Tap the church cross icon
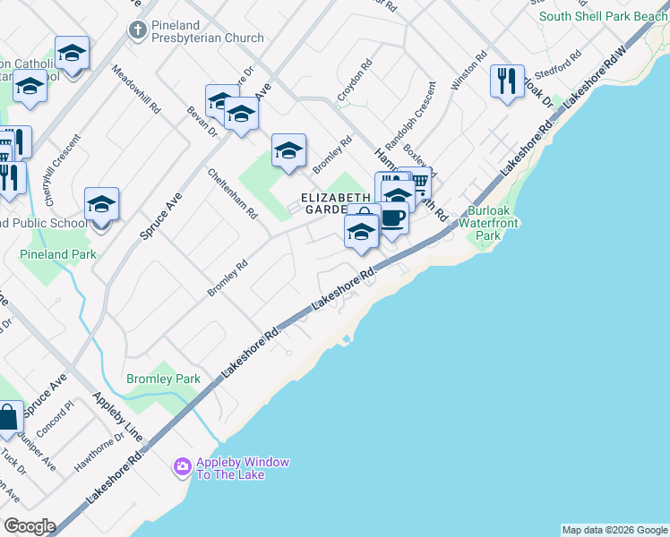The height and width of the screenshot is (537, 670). click(136, 30)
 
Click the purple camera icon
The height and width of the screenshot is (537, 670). click(182, 466)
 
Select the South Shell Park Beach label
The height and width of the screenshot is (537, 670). click(603, 16)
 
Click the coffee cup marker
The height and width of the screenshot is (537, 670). click(392, 218)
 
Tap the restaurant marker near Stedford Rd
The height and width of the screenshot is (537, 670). click(507, 81)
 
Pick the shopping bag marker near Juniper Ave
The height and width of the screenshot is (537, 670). click(9, 418)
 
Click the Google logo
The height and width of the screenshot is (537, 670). click(29, 526)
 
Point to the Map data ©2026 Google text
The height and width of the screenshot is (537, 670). click(614, 530)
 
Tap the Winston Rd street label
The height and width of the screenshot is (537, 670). click(469, 70)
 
